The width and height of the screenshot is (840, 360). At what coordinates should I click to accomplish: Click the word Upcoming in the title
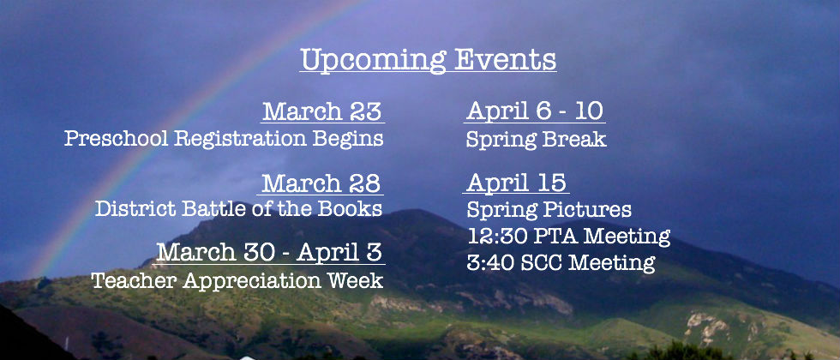(x=373, y=61)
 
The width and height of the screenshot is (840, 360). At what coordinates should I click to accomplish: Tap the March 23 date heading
(x=322, y=111)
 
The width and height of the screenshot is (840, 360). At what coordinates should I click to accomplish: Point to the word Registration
(x=241, y=139)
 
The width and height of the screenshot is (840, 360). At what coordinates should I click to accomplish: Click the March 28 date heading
(x=321, y=183)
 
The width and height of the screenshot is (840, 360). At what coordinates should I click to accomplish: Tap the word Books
(x=350, y=208)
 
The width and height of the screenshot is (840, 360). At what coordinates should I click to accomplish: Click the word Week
(x=358, y=280)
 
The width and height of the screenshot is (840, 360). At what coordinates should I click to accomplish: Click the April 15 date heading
(x=516, y=182)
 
